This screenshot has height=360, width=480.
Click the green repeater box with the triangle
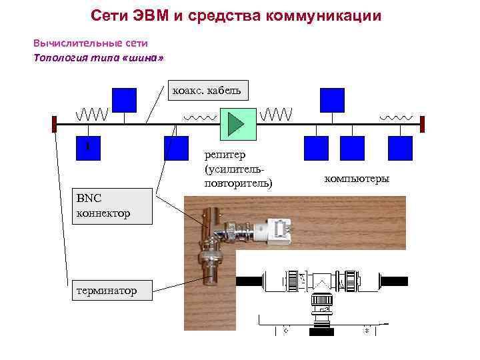237,123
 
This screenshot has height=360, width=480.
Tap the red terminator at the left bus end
54,124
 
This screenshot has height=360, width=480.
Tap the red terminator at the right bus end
422,124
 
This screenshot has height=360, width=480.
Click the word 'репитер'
225,155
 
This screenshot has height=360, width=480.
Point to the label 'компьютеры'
357,178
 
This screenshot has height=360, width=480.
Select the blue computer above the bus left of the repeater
124,100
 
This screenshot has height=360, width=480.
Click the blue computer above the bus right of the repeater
332,100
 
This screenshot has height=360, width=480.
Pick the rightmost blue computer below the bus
401,148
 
